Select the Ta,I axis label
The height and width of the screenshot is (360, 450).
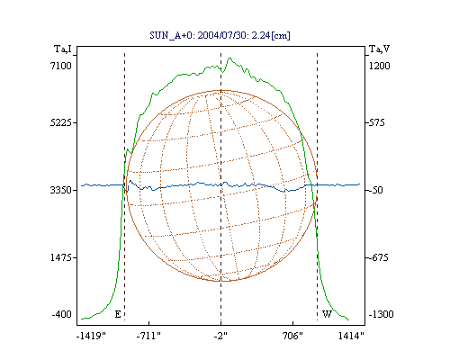click(x=63, y=49)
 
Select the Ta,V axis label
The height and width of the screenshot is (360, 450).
click(x=379, y=49)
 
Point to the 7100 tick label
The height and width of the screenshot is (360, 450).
click(x=61, y=66)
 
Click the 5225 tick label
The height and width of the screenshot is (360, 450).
click(x=61, y=122)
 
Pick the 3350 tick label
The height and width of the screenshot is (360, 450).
click(x=61, y=190)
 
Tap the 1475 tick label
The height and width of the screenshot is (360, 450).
click(x=61, y=257)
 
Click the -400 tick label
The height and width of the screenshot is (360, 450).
click(x=62, y=314)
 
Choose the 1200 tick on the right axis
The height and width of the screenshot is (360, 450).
click(x=380, y=66)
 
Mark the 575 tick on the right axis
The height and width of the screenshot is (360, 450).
click(x=376, y=122)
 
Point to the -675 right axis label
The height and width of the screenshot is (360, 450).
click(x=378, y=257)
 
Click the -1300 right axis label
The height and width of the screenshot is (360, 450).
click(x=381, y=314)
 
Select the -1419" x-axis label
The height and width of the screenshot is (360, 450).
click(x=91, y=336)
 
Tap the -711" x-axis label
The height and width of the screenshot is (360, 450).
click(x=148, y=336)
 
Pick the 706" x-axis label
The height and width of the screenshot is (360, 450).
click(x=292, y=336)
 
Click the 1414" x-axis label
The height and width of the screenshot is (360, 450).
click(x=351, y=336)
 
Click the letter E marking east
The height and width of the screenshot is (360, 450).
click(x=118, y=314)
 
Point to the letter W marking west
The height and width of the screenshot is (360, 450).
click(x=327, y=314)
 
